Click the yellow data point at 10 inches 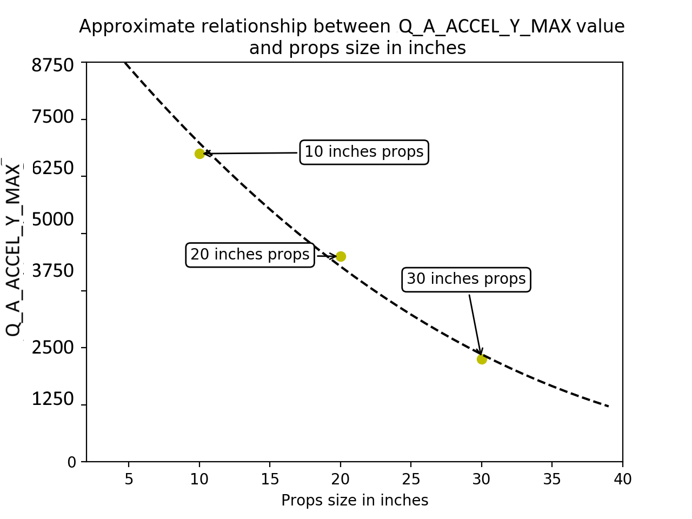coord(199,154)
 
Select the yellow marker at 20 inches coord(341,256)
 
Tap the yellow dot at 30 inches coord(482,359)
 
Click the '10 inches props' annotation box coord(364,152)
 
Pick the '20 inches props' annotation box coord(250,255)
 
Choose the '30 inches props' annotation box coord(466,279)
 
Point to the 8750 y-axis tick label coord(52,65)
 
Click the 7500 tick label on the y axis coord(52,117)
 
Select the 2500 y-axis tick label coord(52,347)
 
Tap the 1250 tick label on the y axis coord(52,399)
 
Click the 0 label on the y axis coord(72,462)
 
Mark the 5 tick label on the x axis coord(129,479)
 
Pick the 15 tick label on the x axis coord(270,479)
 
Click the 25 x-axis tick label coord(411,479)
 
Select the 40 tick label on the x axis coord(623,479)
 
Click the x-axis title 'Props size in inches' coord(355,501)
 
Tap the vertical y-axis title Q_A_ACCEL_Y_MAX coord(13,250)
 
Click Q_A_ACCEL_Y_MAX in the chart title coord(484,26)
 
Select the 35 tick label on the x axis coord(552,479)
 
